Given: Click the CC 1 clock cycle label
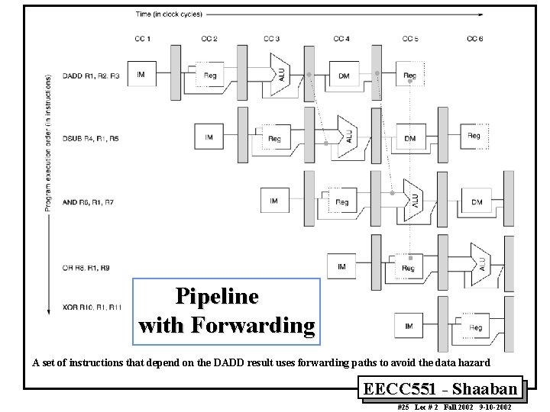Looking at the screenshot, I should (143, 39).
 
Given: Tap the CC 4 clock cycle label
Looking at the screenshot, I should (341, 39).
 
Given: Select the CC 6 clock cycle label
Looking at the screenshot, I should (474, 39).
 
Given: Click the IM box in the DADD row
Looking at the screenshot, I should (142, 74).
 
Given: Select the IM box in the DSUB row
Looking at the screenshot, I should (209, 138).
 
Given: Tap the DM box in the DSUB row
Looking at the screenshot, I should (410, 138).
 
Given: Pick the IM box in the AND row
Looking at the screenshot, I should (274, 201).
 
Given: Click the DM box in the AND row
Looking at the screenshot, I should (477, 201).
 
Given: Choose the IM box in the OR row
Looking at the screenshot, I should (341, 266).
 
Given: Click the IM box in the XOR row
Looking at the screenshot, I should (409, 327).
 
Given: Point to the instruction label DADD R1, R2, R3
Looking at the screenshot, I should (91, 76).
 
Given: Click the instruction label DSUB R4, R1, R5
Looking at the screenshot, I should (92, 139).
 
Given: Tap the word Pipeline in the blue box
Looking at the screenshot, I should (217, 296).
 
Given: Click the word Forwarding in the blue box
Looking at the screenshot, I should (252, 326).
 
